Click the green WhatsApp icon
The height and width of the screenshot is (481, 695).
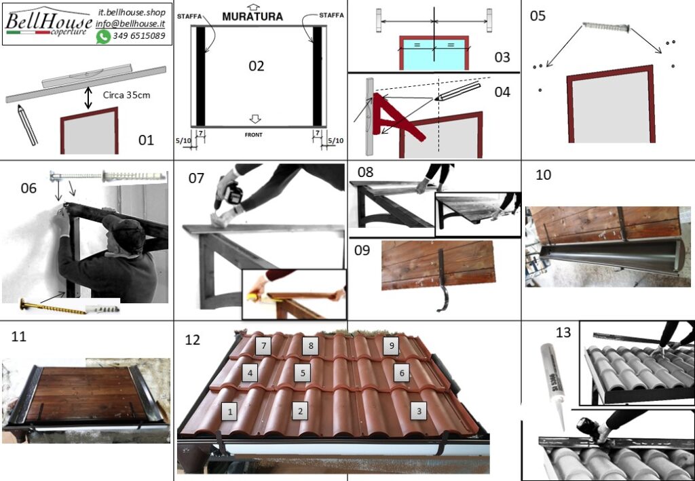pyautogui.click(x=103, y=37)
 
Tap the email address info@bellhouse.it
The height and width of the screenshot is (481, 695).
pyautogui.click(x=130, y=24)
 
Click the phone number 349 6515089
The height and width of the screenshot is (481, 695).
pyautogui.click(x=138, y=36)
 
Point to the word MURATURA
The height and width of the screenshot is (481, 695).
pyautogui.click(x=252, y=17)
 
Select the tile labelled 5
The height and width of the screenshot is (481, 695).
pyautogui.click(x=303, y=372)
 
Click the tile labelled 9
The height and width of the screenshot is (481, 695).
pyautogui.click(x=391, y=345)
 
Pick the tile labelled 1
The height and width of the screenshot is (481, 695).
pyautogui.click(x=230, y=412)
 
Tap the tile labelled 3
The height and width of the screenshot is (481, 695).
pyautogui.click(x=419, y=411)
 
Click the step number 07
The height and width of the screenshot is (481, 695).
pyautogui.click(x=196, y=178)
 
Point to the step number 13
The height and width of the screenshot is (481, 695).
pyautogui.click(x=563, y=332)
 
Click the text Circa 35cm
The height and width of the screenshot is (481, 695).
pyautogui.click(x=126, y=95)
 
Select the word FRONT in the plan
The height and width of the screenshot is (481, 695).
pyautogui.click(x=254, y=134)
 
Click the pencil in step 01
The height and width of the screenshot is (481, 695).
pyautogui.click(x=27, y=125)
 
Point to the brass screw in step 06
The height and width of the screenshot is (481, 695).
pyautogui.click(x=53, y=306)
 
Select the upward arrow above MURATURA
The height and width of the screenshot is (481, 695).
pyautogui.click(x=253, y=7)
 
